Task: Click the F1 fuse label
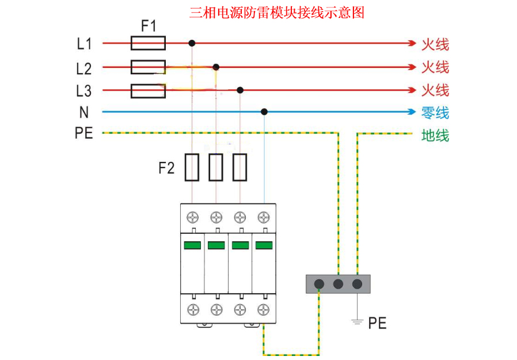tap(148, 26)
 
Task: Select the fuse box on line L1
tap(149, 43)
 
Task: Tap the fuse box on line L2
tap(149, 67)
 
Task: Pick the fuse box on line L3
tap(149, 90)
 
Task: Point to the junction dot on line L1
tap(192, 43)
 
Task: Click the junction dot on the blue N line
tap(264, 112)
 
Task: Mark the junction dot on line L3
tap(240, 90)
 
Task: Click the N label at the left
tap(84, 112)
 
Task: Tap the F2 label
tap(166, 168)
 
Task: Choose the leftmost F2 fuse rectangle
tap(192, 167)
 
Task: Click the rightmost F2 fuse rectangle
tap(240, 167)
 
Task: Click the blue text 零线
tap(435, 113)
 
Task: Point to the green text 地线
tap(435, 136)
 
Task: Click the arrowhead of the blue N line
tap(412, 112)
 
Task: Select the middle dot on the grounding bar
tap(338, 284)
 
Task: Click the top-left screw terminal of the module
tap(192, 218)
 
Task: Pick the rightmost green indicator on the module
tap(264, 245)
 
